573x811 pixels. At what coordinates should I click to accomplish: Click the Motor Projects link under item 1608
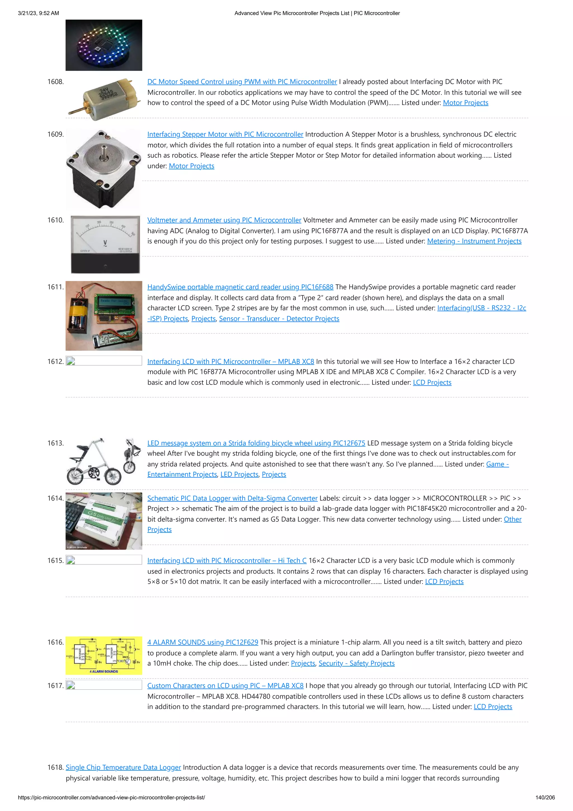coord(465,103)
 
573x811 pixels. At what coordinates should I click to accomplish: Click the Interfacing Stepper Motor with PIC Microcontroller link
coord(225,134)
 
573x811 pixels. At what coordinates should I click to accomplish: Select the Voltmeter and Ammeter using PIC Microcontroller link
coord(224,220)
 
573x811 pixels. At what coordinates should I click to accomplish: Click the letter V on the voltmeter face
coord(105,243)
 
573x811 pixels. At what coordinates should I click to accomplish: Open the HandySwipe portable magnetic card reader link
coord(240,287)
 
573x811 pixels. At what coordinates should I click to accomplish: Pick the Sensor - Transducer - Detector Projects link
coord(279,319)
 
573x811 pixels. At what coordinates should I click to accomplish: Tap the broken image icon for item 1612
coord(71,361)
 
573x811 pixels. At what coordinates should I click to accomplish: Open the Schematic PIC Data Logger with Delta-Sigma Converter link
coord(232,498)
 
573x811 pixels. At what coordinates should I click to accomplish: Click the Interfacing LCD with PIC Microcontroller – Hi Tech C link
coord(227,560)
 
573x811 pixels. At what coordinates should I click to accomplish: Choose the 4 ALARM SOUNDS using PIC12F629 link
coord(202,642)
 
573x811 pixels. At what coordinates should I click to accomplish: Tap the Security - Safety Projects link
coord(356,663)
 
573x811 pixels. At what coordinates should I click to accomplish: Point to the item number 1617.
coord(55,686)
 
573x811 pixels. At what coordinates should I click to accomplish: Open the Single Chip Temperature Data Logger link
coord(123,767)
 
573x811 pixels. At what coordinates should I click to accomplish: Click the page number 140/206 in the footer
coord(545,798)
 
